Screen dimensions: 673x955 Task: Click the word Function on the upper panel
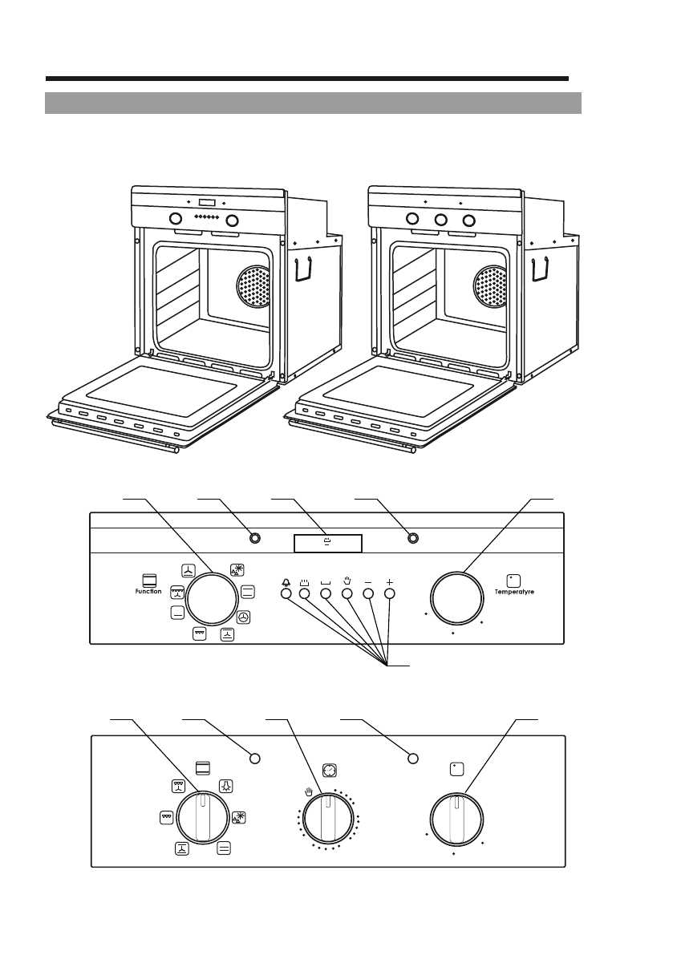coord(148,592)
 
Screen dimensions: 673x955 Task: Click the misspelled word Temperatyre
coord(514,592)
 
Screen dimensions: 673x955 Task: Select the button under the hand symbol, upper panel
coord(347,593)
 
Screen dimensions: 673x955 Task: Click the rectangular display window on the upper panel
coord(328,544)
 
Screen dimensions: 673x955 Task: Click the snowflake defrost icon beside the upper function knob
coord(237,570)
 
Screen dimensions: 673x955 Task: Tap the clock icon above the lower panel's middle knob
coord(330,771)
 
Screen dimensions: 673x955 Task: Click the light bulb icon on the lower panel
coord(226,786)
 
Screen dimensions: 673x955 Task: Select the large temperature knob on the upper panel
coord(456,598)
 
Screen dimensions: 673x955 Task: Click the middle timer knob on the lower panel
coord(328,819)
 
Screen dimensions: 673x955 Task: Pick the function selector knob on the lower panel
coord(204,818)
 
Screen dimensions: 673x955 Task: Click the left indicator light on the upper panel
coord(254,538)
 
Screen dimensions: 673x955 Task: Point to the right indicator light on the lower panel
coord(412,759)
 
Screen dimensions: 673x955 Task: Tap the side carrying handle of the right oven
coord(540,269)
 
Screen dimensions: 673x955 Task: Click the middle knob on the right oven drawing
coord(440,219)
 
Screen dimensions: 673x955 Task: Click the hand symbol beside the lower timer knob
coord(309,791)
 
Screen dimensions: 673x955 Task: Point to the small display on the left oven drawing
coord(207,203)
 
